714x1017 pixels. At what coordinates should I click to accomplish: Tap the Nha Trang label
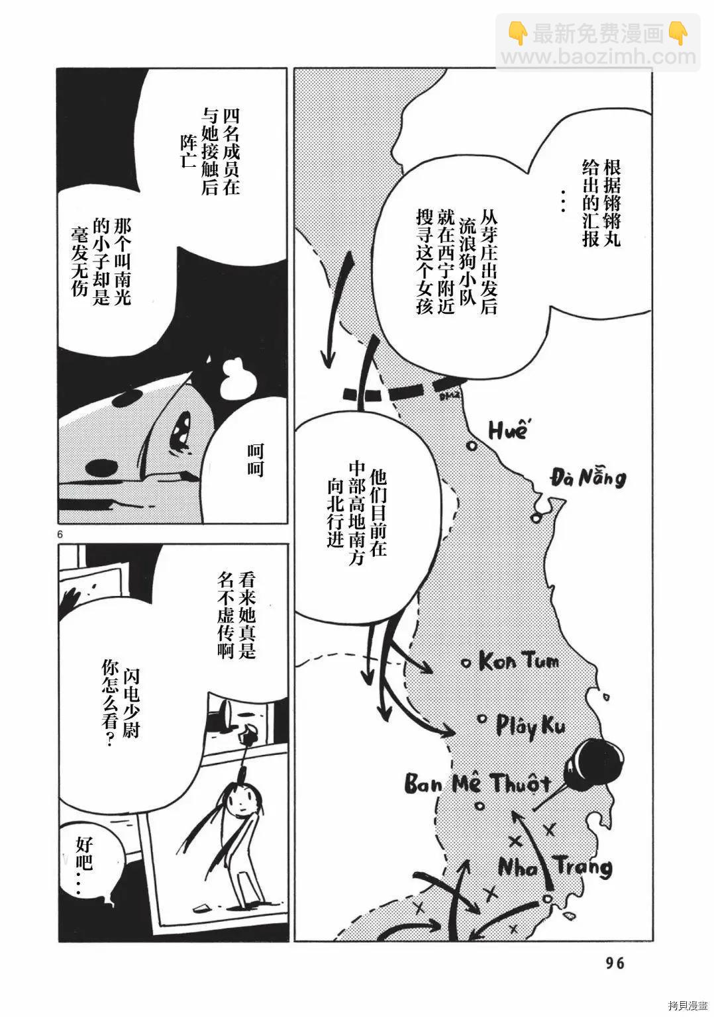pos(554,866)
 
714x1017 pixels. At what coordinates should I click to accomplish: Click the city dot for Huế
pos(472,446)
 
